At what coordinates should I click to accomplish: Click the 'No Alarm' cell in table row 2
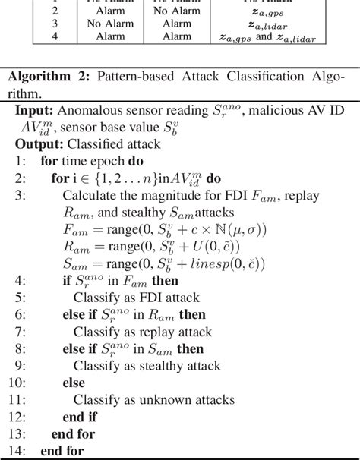[172, 11]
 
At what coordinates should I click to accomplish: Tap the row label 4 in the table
[54, 36]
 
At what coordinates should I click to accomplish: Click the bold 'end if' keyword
[79, 417]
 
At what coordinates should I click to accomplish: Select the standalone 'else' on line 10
[74, 383]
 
